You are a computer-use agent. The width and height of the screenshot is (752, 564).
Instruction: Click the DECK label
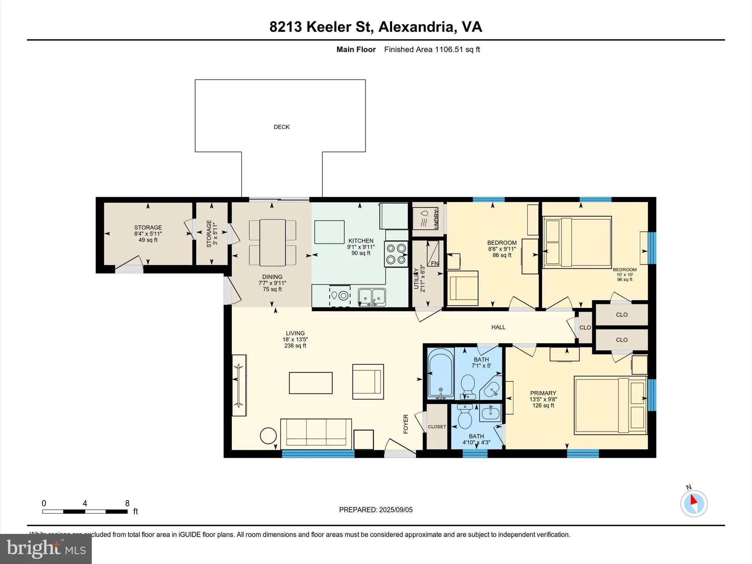tap(282, 127)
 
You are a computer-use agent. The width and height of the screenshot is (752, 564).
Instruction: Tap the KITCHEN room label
tap(361, 241)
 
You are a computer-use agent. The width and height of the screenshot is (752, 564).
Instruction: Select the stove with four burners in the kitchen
tap(396, 254)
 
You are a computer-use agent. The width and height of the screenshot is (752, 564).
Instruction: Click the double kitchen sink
tap(372, 297)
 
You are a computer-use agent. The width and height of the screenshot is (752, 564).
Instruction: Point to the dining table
tap(272, 243)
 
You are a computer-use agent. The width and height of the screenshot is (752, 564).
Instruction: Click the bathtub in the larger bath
tap(441, 373)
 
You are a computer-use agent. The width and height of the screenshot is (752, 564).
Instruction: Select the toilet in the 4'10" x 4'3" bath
tap(465, 418)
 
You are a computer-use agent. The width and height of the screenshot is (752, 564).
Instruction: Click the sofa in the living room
tap(316, 434)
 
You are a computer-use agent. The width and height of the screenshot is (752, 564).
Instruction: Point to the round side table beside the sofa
tap(268, 436)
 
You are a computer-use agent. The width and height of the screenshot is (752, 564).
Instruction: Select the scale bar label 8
tap(127, 503)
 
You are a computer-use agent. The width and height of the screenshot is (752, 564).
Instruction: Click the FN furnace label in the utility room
tap(434, 263)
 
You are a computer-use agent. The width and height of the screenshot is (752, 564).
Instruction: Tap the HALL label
tap(498, 327)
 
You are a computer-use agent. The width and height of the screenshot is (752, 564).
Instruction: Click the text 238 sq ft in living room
tap(295, 346)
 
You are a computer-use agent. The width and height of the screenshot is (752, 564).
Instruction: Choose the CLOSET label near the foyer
tap(437, 427)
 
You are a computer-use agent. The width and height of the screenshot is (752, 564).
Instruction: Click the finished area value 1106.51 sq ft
tap(457, 50)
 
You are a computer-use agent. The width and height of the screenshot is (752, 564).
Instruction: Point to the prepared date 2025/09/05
tap(396, 510)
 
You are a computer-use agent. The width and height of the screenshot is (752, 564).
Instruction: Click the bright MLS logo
tap(46, 549)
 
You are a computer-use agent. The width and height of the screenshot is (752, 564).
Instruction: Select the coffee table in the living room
tap(311, 383)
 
